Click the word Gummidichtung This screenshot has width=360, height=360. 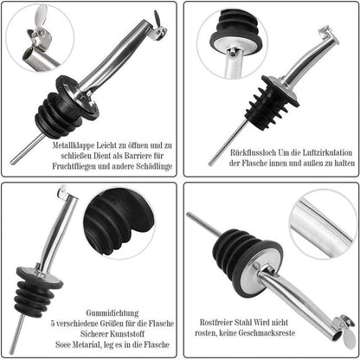coord(112,313)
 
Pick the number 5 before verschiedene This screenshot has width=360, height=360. coord(53,324)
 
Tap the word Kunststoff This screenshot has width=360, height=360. coord(128,334)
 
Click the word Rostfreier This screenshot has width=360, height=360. coord(216,322)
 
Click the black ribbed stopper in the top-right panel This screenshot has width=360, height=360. coord(274,100)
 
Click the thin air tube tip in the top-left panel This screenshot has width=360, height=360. coord(12,163)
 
